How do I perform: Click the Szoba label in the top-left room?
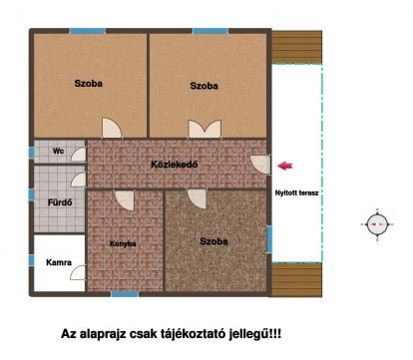coord(88,84)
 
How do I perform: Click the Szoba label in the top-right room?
coord(204,87)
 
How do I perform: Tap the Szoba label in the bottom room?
coord(213,241)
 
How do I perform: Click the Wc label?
coord(58,152)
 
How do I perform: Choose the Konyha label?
coord(124,242)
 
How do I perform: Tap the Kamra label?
coord(58,263)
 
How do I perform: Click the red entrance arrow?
coord(286,166)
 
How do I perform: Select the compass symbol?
coord(375,225)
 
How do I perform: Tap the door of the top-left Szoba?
coord(113,129)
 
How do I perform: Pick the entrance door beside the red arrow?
coord(260,166)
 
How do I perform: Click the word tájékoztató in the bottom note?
coord(203,335)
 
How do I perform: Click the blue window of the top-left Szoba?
coord(86,32)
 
